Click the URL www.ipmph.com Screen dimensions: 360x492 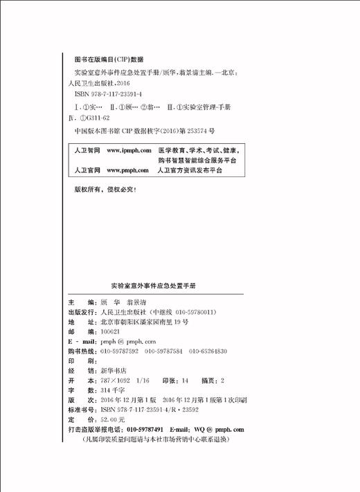pos(129,150)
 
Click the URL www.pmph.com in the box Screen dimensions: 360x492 pos(128,170)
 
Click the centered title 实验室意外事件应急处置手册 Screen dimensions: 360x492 pos(153,284)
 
